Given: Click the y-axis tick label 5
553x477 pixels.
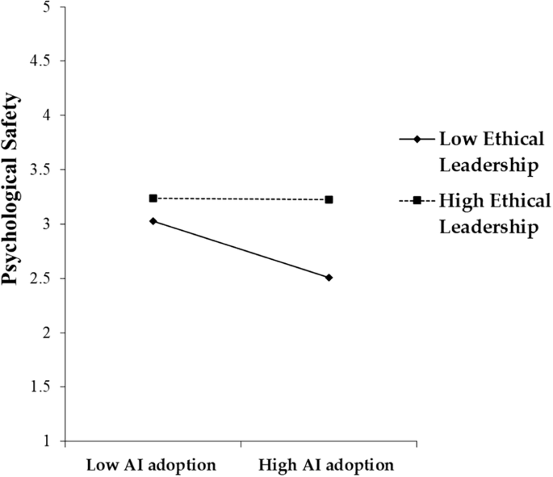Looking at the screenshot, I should [x=46, y=7].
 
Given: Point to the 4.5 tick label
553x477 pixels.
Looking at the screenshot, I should [x=40, y=61].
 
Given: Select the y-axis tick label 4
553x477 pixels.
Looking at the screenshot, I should [x=46, y=115].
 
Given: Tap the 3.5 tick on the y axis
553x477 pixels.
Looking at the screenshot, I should [x=40, y=170].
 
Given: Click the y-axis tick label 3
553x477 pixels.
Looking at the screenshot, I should [x=46, y=224].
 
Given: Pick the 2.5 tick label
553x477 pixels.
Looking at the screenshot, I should [x=40, y=279].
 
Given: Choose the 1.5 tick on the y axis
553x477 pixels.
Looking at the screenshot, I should [x=40, y=387].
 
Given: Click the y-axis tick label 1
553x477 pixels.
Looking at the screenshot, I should [x=46, y=441].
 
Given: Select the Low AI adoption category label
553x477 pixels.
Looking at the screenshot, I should [x=153, y=466].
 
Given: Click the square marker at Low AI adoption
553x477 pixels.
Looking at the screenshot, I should [x=153, y=199].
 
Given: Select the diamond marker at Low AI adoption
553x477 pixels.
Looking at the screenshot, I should [x=153, y=220].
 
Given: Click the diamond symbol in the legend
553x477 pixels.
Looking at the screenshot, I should [x=417, y=140].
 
